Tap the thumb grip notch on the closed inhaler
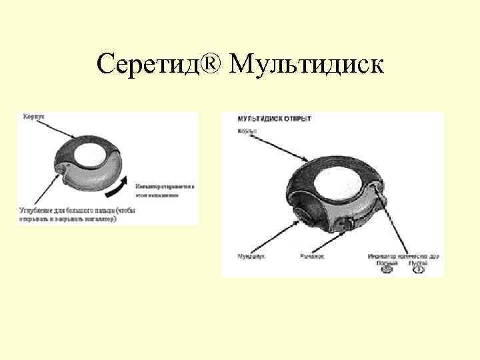click(x=61, y=171)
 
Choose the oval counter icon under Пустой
click(x=418, y=271)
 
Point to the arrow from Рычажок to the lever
click(x=329, y=241)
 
